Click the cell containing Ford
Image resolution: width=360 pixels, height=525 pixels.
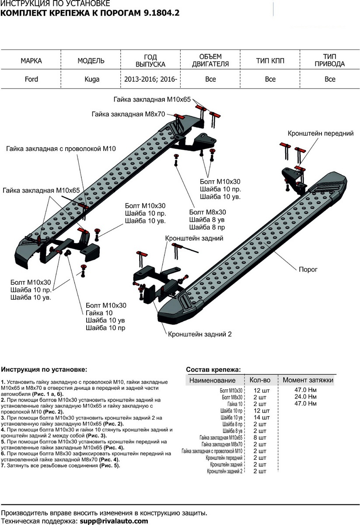coord(31,79)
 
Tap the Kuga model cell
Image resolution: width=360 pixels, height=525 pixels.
coord(91,79)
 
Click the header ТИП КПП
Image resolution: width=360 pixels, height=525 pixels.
coord(270,61)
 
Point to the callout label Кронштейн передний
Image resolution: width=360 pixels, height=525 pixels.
coord(320,133)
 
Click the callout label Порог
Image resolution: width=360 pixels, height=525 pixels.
coord(307,270)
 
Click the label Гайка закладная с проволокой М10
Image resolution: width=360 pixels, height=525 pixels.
coord(61,149)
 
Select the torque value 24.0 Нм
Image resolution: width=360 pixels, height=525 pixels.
coord(306,397)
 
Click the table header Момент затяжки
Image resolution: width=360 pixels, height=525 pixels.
coord(308,380)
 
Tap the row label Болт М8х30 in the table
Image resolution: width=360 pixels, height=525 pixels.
coord(232,397)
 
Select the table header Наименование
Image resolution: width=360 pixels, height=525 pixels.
coord(212,381)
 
